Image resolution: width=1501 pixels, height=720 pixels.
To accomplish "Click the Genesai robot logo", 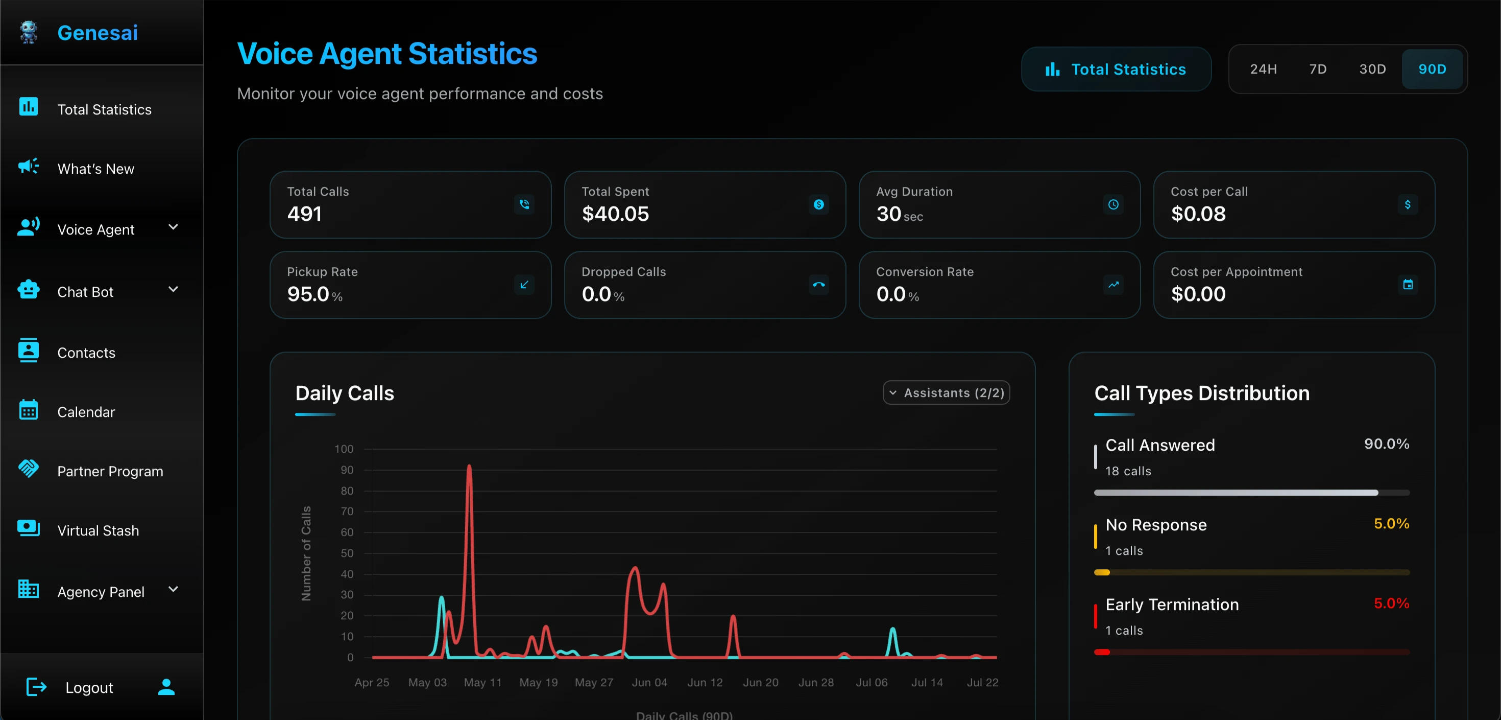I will click(28, 33).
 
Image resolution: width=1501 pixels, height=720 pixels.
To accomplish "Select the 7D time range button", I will click(1317, 69).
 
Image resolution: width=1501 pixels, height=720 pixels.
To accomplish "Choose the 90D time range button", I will click(1432, 69).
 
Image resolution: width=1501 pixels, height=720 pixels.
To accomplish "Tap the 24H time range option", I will click(1263, 69).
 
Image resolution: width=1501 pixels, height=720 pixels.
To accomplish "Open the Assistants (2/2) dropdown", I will click(946, 393).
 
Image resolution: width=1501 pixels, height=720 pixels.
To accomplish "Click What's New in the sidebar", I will click(95, 169).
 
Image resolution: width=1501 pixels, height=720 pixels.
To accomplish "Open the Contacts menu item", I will click(86, 353).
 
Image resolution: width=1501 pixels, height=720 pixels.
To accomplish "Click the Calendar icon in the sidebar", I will click(28, 410).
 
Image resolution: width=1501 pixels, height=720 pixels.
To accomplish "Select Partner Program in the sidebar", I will click(110, 471).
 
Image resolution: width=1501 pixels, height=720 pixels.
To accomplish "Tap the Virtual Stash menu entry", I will click(98, 530).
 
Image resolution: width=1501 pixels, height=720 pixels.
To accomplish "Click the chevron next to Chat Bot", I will click(173, 289).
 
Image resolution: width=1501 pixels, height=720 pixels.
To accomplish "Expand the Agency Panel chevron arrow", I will click(173, 589).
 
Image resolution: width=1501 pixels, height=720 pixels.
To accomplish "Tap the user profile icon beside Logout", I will click(166, 687).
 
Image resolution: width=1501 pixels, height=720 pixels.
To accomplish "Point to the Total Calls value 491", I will click(304, 214).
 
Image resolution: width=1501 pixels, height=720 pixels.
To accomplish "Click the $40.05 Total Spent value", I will click(615, 214).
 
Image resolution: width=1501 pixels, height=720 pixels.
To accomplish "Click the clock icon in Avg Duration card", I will click(1113, 204).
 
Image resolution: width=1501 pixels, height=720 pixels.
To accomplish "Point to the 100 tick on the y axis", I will click(344, 449).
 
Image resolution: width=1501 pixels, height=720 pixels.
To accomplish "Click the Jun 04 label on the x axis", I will click(649, 683).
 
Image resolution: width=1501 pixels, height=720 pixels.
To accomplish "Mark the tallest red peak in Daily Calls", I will click(469, 467).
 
